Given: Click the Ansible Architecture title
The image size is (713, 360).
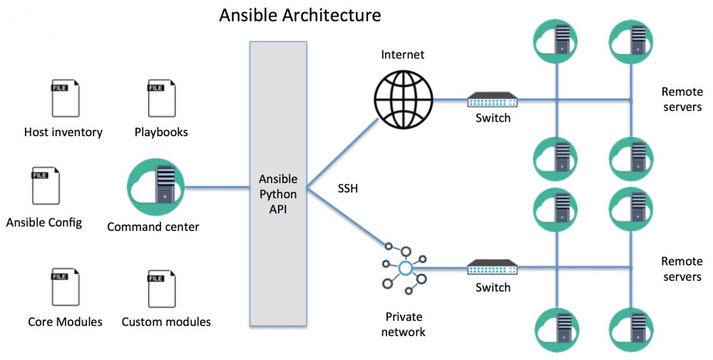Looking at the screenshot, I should [x=299, y=15].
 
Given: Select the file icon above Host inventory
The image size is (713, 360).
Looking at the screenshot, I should [x=65, y=98].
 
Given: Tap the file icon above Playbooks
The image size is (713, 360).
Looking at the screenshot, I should [x=162, y=98].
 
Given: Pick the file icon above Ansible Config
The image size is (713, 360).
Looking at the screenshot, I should [x=46, y=185].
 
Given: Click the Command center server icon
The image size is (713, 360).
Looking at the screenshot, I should [x=151, y=187].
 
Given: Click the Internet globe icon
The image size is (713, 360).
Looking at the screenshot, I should [x=402, y=99].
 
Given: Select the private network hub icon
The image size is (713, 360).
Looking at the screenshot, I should [x=405, y=268].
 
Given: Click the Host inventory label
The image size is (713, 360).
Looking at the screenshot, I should [x=63, y=132].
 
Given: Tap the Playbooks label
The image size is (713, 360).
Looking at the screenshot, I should [x=161, y=132].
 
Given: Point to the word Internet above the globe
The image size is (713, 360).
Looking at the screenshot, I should [x=402, y=54].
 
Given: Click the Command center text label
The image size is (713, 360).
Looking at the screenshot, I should [x=153, y=227].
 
